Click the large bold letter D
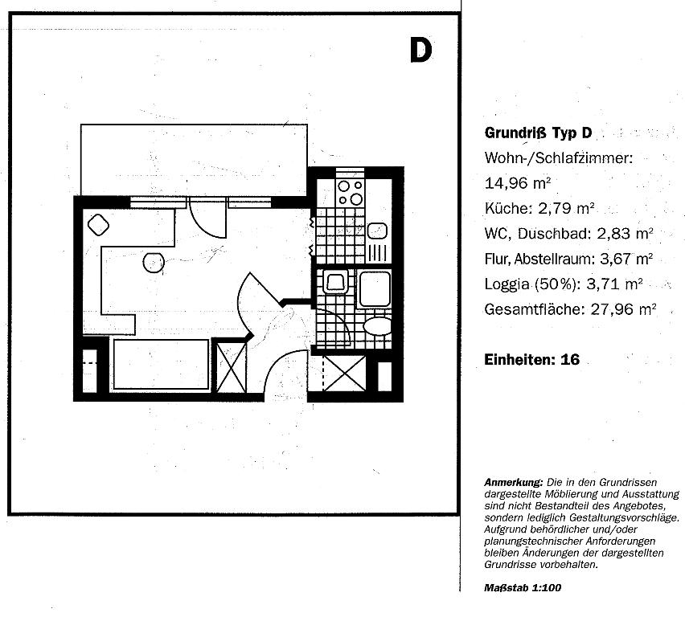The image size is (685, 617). coord(420,51)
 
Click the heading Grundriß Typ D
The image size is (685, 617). coord(538,133)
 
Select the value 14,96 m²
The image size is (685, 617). coord(517,183)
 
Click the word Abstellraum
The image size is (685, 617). coord(555,259)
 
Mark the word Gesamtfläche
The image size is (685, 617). coord(535,309)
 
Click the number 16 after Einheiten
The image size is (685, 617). coord(570,360)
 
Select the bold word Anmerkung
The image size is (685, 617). coord(513,483)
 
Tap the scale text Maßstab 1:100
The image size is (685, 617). coord(523,588)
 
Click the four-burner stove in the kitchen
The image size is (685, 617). coord(351,192)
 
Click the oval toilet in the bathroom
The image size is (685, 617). coord(377,326)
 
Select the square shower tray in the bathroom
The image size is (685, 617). coord(374,289)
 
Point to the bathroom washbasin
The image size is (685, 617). coord(335,282)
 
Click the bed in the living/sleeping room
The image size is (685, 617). coord(162,364)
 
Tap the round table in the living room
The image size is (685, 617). coord(154,263)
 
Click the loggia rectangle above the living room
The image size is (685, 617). coord(194,160)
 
